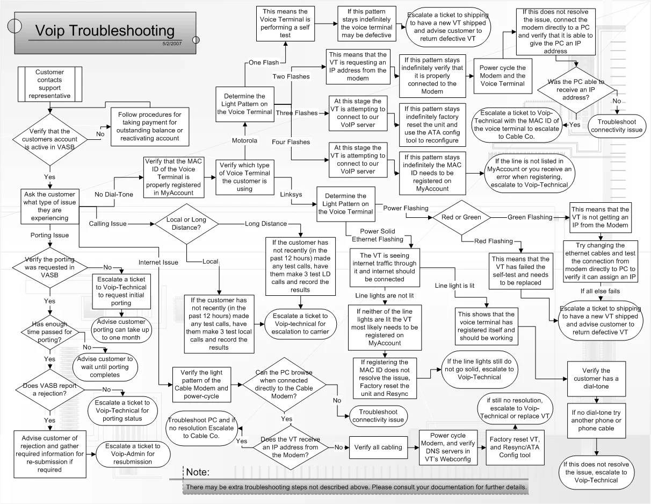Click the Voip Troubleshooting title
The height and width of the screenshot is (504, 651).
[x=105, y=31]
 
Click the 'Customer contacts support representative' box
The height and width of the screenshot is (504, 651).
[x=49, y=83]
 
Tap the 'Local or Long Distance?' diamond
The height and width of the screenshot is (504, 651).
[x=187, y=224]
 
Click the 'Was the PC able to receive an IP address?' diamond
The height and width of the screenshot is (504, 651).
[x=575, y=90]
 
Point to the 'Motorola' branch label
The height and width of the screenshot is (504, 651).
[x=244, y=141]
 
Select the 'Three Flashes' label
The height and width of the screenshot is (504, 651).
[x=293, y=113]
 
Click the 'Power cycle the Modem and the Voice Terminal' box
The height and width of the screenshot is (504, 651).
[x=503, y=76]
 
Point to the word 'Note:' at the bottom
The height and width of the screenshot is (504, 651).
[x=197, y=472]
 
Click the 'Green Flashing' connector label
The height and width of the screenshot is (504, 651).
[x=530, y=217]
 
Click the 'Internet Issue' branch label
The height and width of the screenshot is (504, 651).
[x=158, y=262]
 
